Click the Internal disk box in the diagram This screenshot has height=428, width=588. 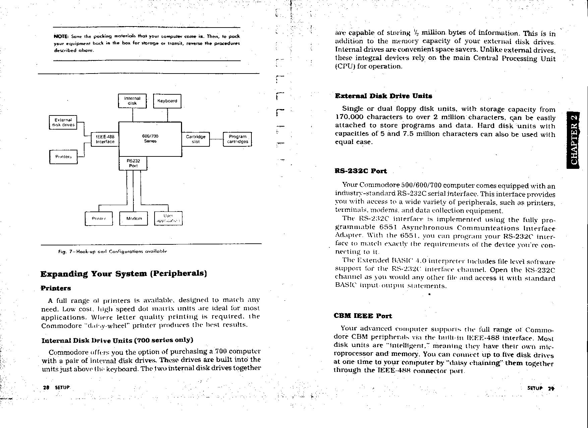pyautogui.click(x=132, y=101)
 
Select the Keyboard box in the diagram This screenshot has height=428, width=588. pyautogui.click(x=167, y=101)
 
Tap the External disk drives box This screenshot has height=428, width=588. pyautogui.click(x=63, y=123)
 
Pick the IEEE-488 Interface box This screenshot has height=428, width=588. pyautogui.click(x=105, y=139)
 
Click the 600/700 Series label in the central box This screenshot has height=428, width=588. pyautogui.click(x=150, y=139)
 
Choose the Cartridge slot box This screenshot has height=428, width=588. pyautogui.click(x=196, y=139)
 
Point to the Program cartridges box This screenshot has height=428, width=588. pyautogui.click(x=237, y=139)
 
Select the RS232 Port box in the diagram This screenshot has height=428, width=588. pyautogui.click(x=133, y=163)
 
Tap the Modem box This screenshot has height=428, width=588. pyautogui.click(x=134, y=219)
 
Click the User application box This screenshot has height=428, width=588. pyautogui.click(x=168, y=219)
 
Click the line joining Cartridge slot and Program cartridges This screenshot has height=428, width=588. pyautogui.click(x=217, y=139)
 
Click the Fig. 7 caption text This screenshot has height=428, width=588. pyautogui.click(x=113, y=251)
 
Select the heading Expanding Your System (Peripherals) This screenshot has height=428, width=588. pyautogui.click(x=123, y=274)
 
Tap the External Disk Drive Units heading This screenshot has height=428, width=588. pyautogui.click(x=384, y=96)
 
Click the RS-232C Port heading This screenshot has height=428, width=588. pyautogui.click(x=361, y=171)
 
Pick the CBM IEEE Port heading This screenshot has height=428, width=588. pyautogui.click(x=363, y=316)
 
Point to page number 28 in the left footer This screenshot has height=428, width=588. pyautogui.click(x=46, y=387)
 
